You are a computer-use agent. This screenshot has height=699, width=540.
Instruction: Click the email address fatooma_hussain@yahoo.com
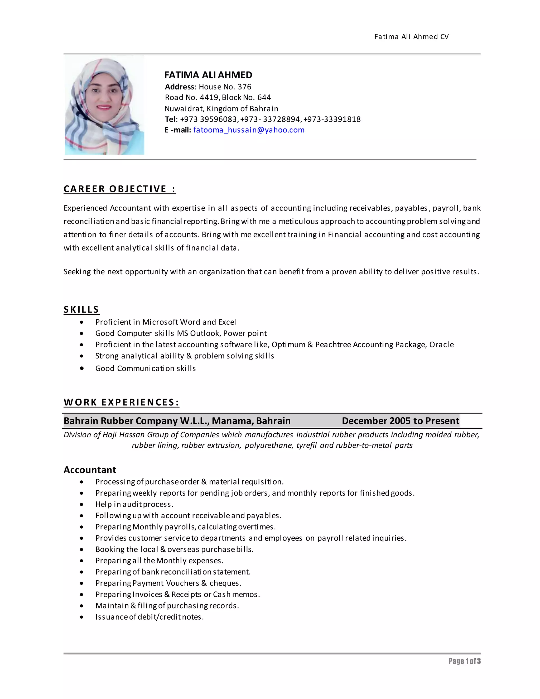[x=249, y=130]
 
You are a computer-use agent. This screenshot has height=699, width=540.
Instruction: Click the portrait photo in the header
[x=104, y=106]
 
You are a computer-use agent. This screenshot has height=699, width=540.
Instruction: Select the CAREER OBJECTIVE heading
[x=120, y=189]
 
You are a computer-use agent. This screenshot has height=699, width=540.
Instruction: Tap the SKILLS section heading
[x=81, y=309]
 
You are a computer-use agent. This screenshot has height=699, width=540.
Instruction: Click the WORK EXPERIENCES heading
[x=121, y=402]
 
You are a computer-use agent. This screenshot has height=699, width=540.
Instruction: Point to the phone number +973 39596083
[x=209, y=119]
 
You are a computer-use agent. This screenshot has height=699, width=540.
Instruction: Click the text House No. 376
[x=225, y=87]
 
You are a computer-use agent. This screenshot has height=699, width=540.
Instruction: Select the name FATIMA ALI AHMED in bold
[x=208, y=75]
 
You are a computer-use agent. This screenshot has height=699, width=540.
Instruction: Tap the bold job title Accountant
[x=90, y=470]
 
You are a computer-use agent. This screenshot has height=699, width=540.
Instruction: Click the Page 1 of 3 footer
[x=464, y=661]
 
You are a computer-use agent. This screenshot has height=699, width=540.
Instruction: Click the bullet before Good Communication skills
[x=82, y=368]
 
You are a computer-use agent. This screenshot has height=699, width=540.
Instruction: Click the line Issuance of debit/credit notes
[x=150, y=617]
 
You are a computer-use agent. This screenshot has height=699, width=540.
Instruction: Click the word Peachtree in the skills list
[x=333, y=345]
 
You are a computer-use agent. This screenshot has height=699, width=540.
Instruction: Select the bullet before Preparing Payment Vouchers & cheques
[x=82, y=583]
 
